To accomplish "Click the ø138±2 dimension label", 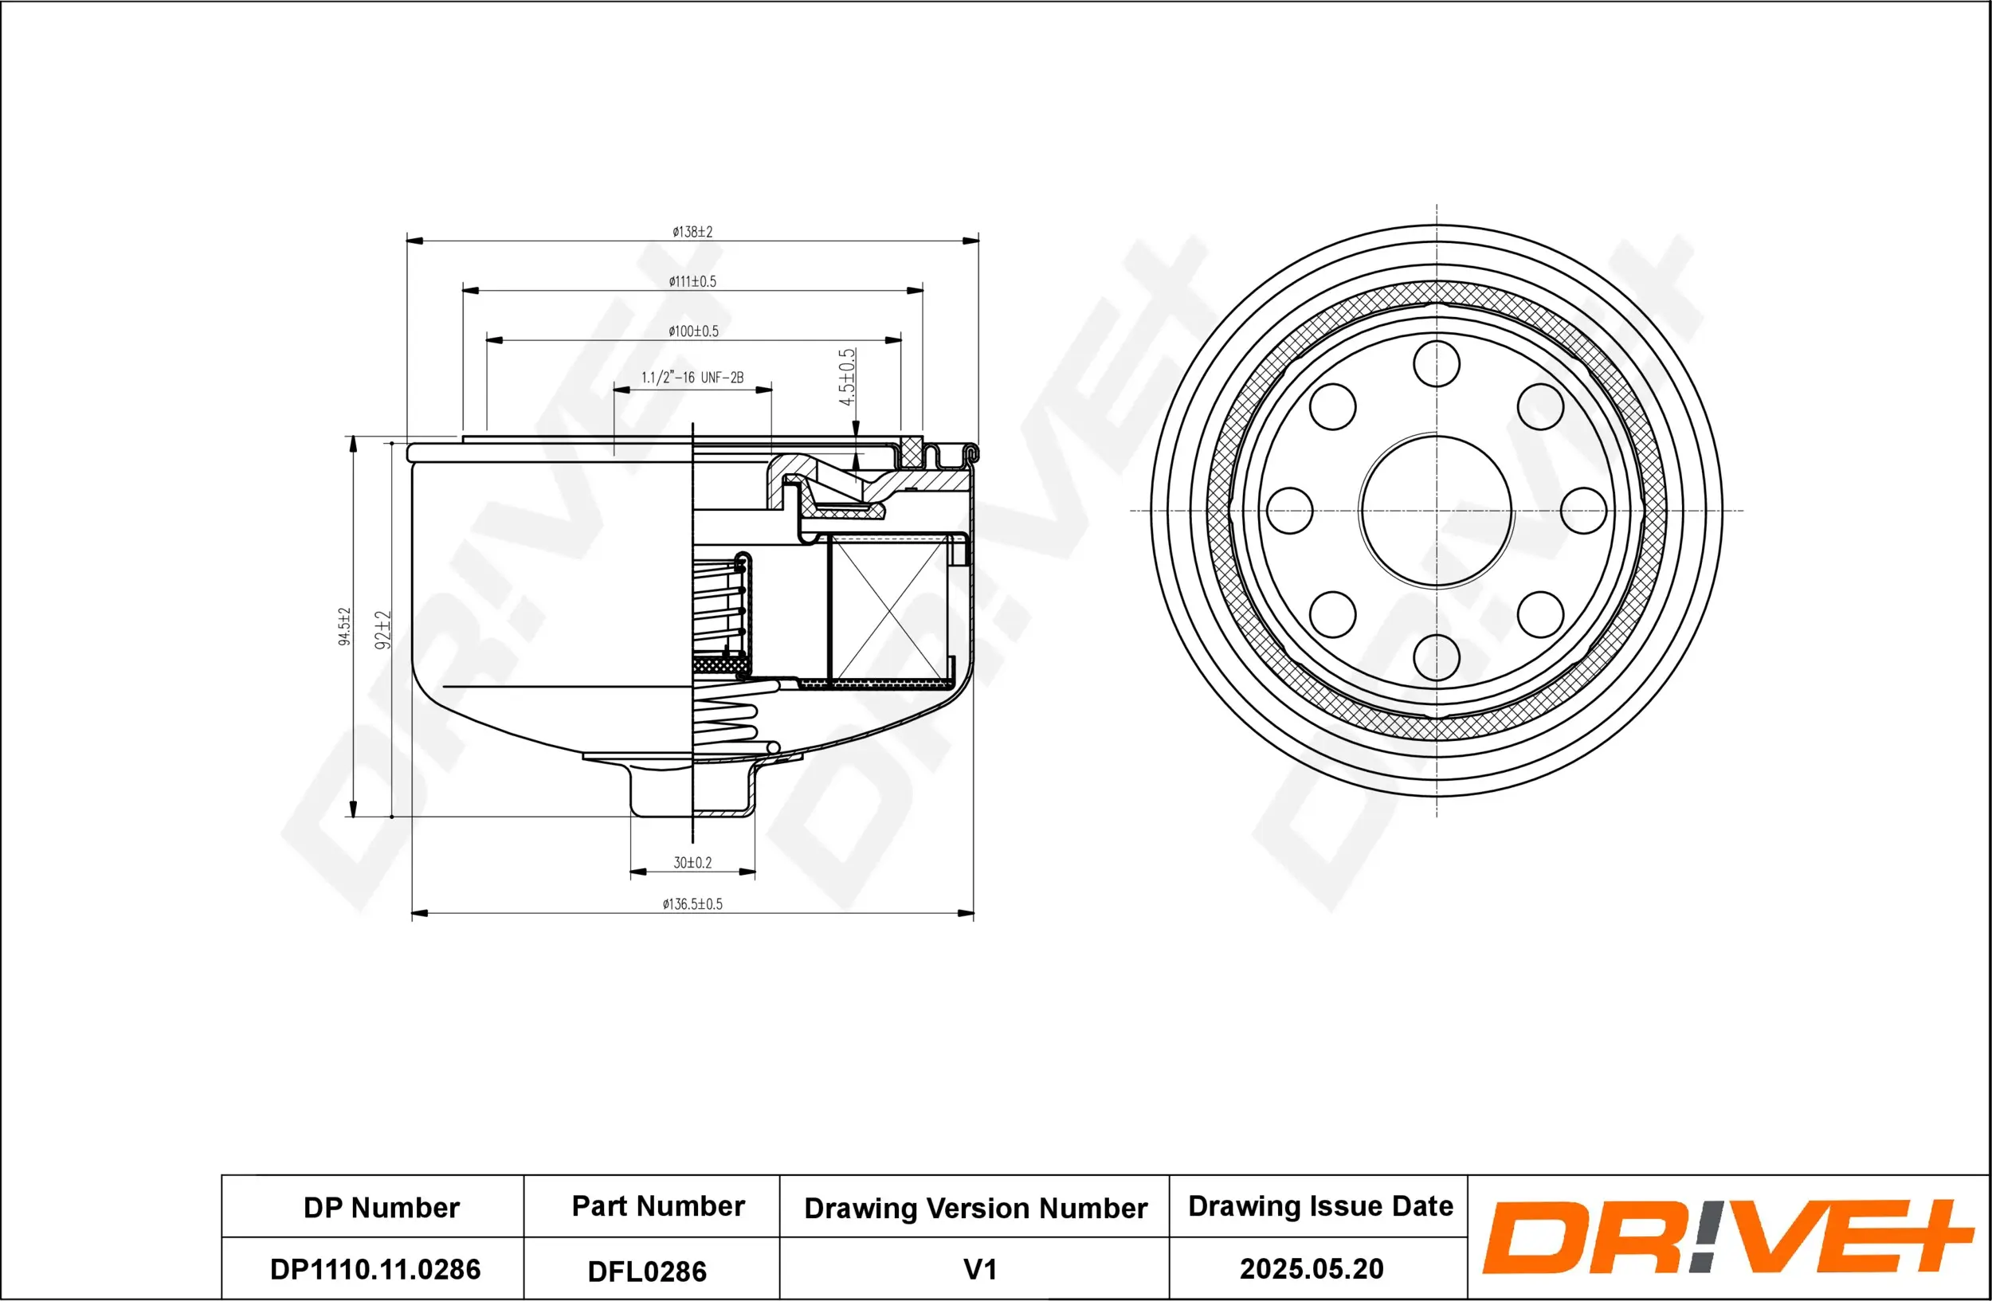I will click(x=692, y=232).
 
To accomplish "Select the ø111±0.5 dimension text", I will click(x=692, y=282).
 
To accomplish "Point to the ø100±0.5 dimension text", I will click(x=693, y=331).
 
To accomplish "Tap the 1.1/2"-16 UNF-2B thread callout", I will click(x=692, y=378).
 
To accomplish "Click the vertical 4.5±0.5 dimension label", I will click(x=847, y=378).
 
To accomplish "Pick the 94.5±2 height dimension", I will click(x=344, y=627).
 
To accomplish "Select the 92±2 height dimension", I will click(x=382, y=630).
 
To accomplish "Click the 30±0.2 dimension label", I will click(x=692, y=863).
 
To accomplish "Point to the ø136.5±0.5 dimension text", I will click(x=692, y=904).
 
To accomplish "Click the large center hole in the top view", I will click(x=1437, y=511).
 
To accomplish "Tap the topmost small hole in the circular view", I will click(x=1437, y=364).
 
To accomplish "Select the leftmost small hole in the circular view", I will click(x=1290, y=511).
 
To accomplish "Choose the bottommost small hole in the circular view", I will click(x=1437, y=656).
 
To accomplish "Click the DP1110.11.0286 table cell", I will click(x=375, y=1269).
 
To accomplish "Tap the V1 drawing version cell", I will click(x=979, y=1269).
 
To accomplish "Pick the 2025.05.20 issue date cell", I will click(x=1312, y=1268).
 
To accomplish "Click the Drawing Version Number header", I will click(x=975, y=1208).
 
